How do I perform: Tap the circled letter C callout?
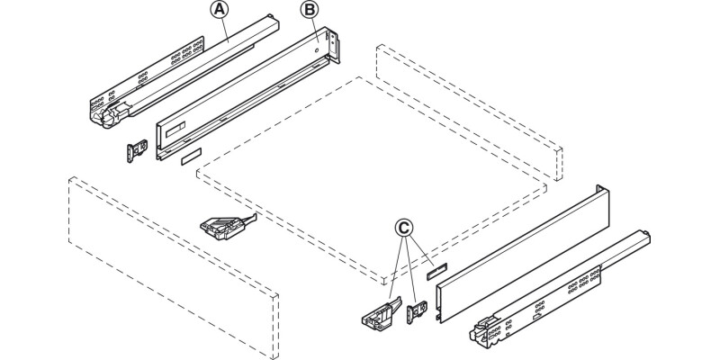[x=406, y=227]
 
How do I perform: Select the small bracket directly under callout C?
[x=416, y=311]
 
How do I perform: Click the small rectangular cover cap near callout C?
[x=436, y=268]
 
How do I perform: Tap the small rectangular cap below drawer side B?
[x=190, y=157]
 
